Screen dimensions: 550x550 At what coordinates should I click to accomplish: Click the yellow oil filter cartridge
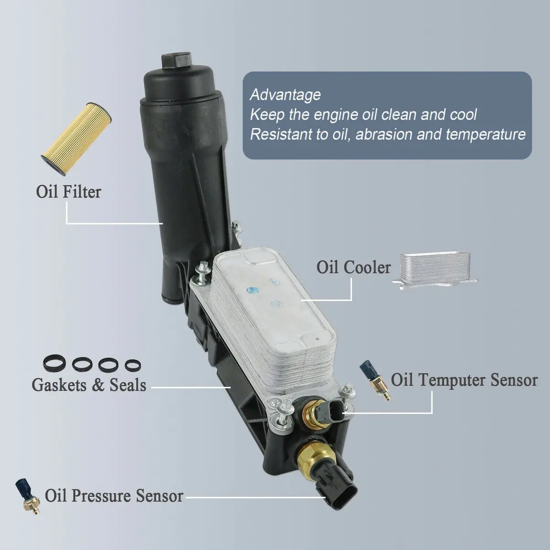tap(77, 139)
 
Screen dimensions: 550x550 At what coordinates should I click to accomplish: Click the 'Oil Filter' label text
tap(68, 192)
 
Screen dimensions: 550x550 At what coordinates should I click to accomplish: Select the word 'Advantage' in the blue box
tap(285, 95)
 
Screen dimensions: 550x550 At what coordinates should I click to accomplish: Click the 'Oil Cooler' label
tap(353, 267)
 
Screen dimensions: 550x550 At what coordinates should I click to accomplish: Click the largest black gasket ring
tap(55, 363)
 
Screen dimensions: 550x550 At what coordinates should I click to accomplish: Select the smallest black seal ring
tap(133, 365)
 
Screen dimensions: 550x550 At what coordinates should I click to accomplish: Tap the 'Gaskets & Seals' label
tap(89, 385)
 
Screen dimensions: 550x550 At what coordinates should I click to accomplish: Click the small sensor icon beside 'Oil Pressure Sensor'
tap(27, 496)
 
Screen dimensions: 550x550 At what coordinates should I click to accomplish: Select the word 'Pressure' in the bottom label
tap(101, 496)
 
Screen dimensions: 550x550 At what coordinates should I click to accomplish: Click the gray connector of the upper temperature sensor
tap(333, 412)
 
